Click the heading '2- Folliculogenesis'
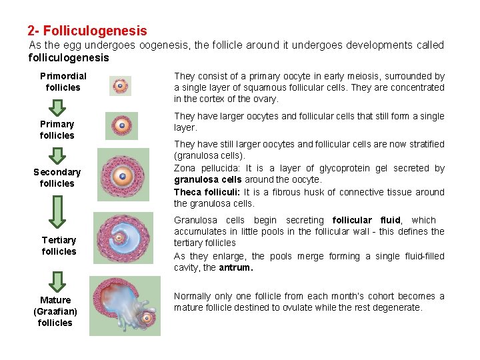(87, 31)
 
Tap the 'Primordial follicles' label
(63, 81)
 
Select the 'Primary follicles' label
(57, 129)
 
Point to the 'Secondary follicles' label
(57, 177)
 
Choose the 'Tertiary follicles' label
(59, 245)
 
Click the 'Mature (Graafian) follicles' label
(55, 311)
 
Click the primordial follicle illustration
(120, 85)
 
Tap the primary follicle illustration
(121, 125)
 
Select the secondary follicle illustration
(121, 175)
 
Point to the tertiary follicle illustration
(123, 238)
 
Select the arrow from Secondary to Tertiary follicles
(58, 211)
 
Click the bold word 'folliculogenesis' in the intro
(69, 58)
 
